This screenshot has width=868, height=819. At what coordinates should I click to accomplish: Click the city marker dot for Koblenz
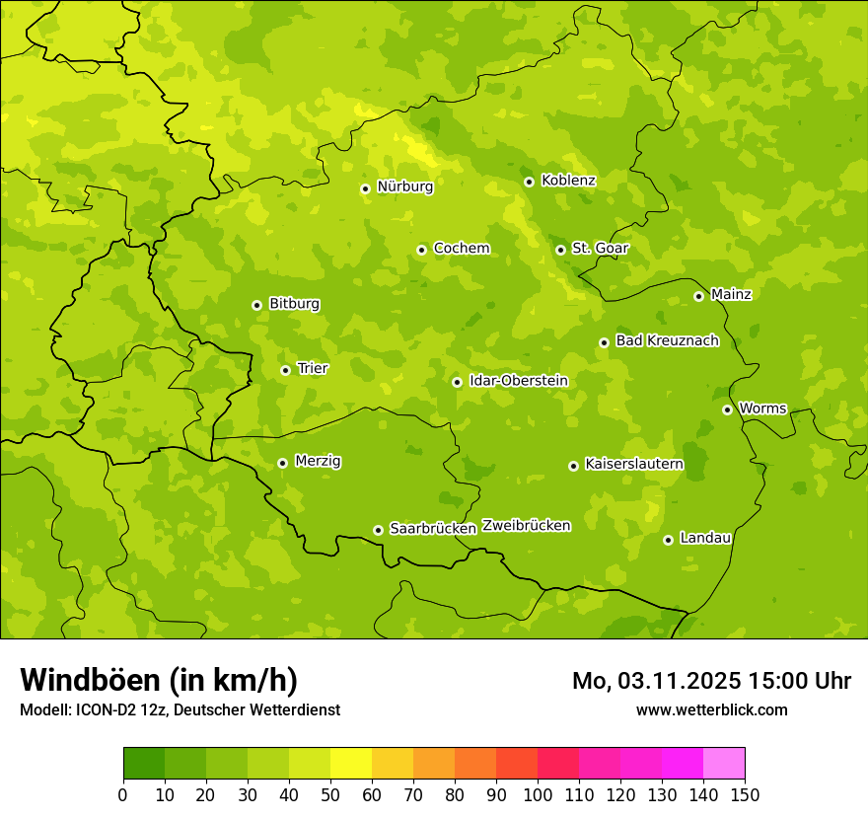click(x=529, y=182)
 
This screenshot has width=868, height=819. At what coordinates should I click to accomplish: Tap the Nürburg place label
click(x=404, y=186)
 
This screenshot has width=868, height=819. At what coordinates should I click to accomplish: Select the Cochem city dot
click(x=421, y=250)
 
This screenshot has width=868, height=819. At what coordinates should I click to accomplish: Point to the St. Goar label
click(x=600, y=249)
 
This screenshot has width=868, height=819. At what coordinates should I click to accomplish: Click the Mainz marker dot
click(x=698, y=296)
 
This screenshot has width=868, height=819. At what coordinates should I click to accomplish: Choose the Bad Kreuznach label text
click(x=667, y=341)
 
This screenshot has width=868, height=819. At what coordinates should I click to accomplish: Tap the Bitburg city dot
click(x=256, y=305)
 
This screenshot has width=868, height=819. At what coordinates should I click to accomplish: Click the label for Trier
click(x=313, y=369)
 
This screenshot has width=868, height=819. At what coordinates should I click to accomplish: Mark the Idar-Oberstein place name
click(x=519, y=381)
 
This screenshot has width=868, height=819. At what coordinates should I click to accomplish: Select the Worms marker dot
click(x=727, y=409)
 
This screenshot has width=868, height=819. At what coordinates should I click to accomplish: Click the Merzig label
click(x=319, y=462)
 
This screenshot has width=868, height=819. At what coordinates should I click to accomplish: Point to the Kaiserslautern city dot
click(x=573, y=466)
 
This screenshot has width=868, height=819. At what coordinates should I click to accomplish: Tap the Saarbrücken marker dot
click(x=378, y=530)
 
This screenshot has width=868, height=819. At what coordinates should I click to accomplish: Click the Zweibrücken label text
click(x=526, y=526)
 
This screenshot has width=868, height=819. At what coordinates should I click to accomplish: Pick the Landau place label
click(x=705, y=539)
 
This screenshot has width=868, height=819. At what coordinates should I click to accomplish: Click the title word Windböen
click(x=90, y=681)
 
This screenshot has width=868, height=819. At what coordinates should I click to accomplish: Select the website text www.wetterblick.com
click(x=711, y=710)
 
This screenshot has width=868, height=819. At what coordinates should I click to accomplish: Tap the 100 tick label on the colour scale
click(x=538, y=794)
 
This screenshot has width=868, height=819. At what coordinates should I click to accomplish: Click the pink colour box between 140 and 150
click(x=724, y=764)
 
